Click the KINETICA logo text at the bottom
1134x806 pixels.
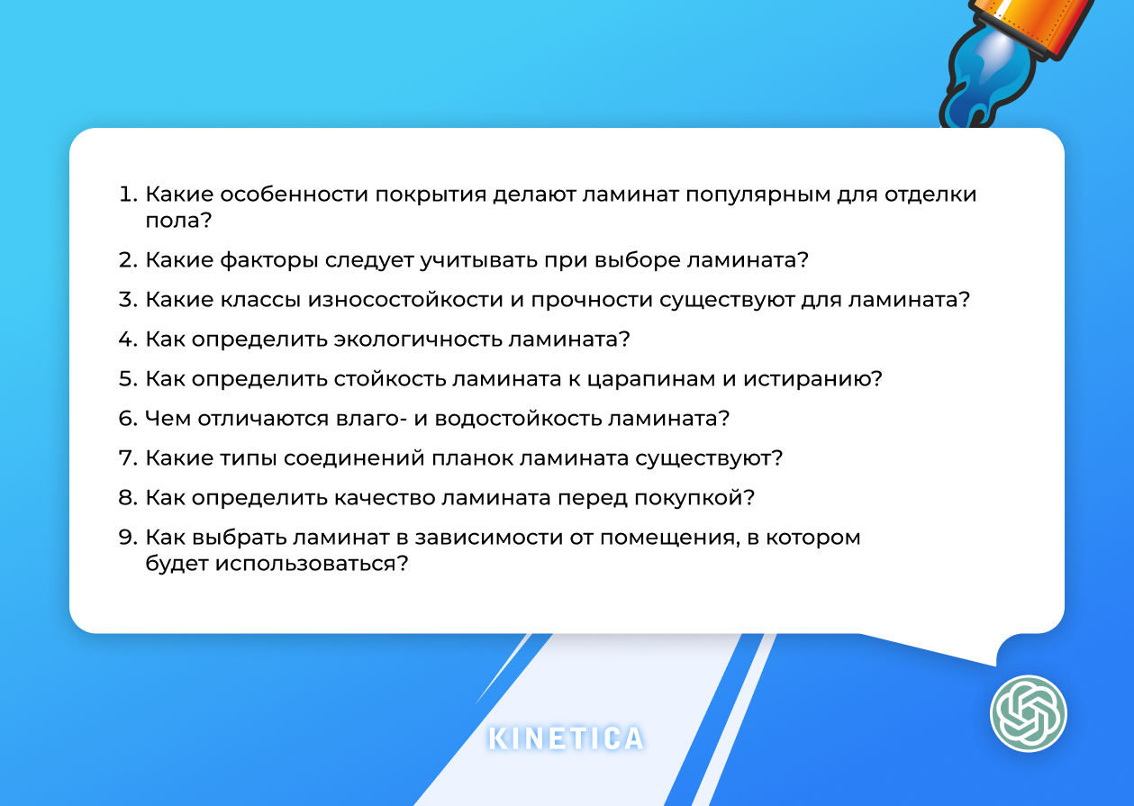click(x=567, y=738)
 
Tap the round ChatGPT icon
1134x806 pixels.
click(x=1028, y=713)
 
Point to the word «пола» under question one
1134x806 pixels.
click(x=171, y=221)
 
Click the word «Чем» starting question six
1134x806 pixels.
click(x=168, y=419)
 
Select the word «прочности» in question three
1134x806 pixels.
click(x=595, y=300)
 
